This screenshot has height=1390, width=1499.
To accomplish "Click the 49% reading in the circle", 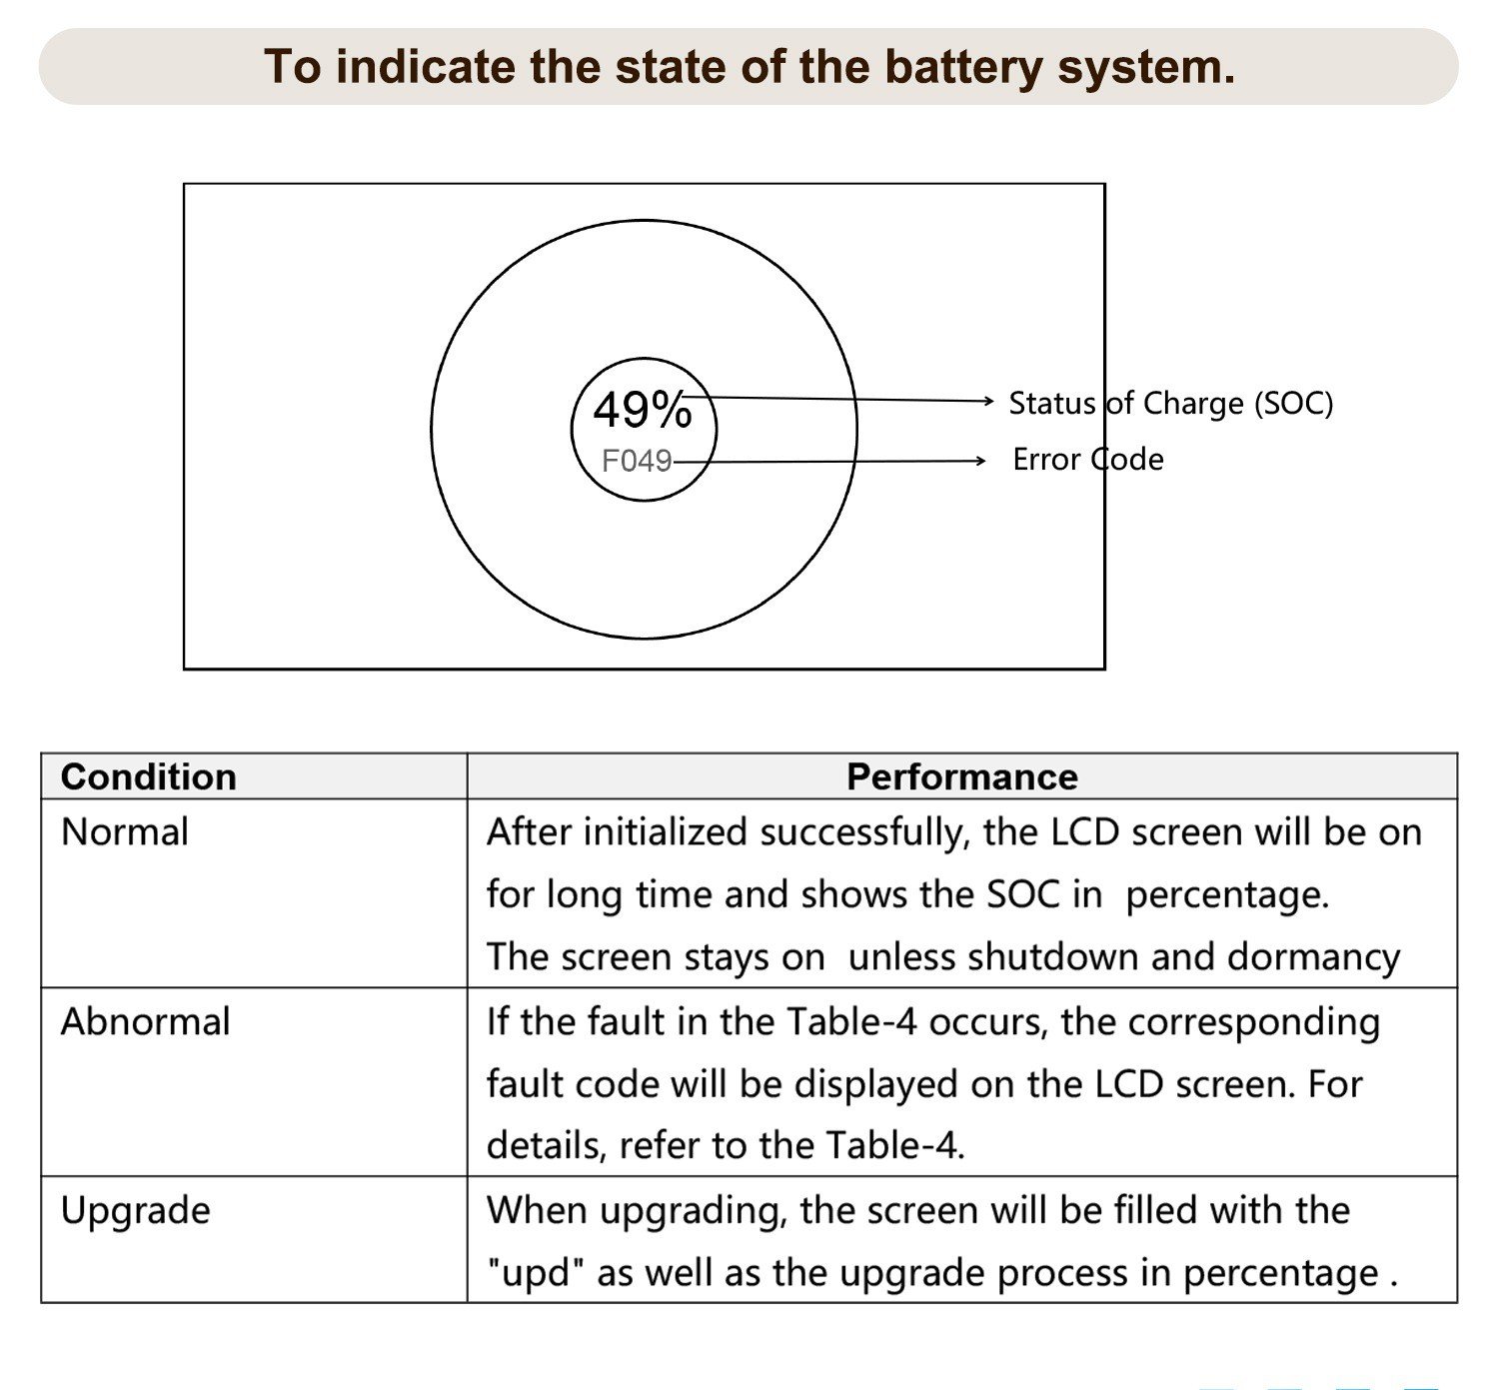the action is click(x=643, y=410).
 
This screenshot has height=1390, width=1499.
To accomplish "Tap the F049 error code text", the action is click(x=637, y=461).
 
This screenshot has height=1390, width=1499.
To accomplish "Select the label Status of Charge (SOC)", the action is click(x=1170, y=403).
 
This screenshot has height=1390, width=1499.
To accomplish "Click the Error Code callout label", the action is click(x=1087, y=459).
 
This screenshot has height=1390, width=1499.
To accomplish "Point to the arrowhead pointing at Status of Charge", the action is click(x=989, y=401).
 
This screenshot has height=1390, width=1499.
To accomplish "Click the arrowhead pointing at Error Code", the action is click(x=980, y=461).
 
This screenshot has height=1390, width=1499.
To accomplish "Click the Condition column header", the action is click(x=149, y=776).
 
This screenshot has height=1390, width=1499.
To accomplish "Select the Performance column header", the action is click(x=962, y=776).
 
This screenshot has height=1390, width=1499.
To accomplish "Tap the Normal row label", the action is click(x=125, y=832).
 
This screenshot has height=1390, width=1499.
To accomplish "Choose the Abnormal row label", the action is click(x=146, y=1021).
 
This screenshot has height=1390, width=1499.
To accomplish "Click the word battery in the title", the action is click(x=964, y=68).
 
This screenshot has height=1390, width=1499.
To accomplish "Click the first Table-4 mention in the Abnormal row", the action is click(x=851, y=1021).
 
